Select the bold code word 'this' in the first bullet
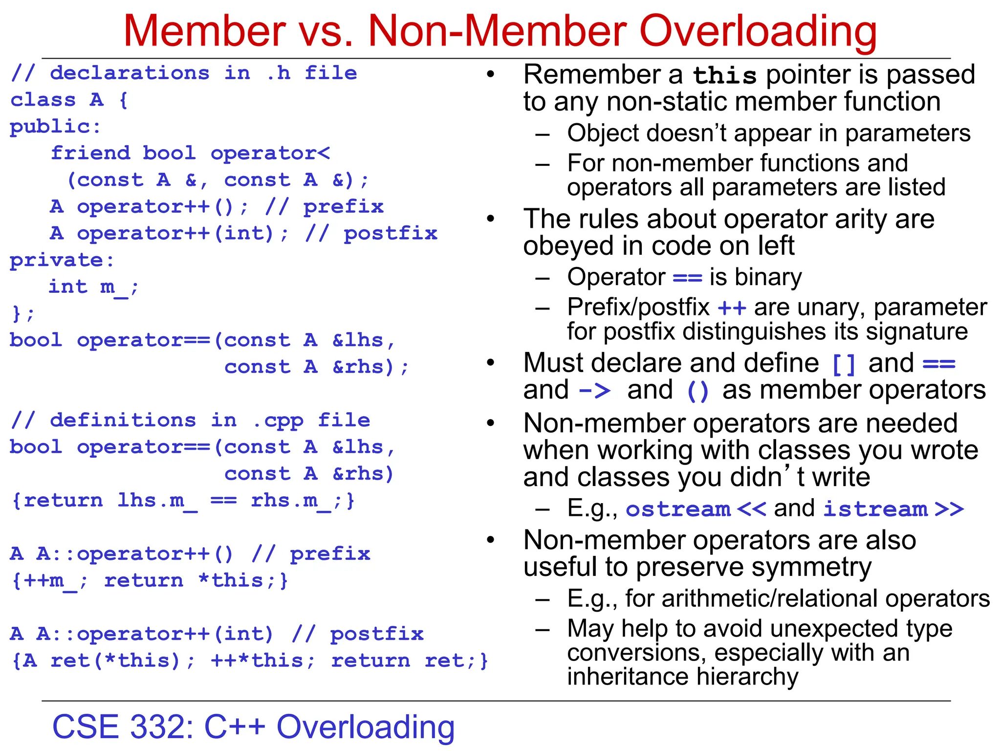pos(725,76)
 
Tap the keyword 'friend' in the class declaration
pos(91,153)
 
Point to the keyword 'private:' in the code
pos(62,260)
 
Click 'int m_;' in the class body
pos(93,287)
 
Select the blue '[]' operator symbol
pos(844,364)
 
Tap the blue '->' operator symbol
pos(595,391)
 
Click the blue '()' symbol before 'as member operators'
pos(698,391)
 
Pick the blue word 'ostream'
pos(678,509)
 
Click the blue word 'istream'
pos(875,509)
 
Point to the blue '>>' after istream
pos(949,509)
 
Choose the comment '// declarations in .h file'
pos(184,73)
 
